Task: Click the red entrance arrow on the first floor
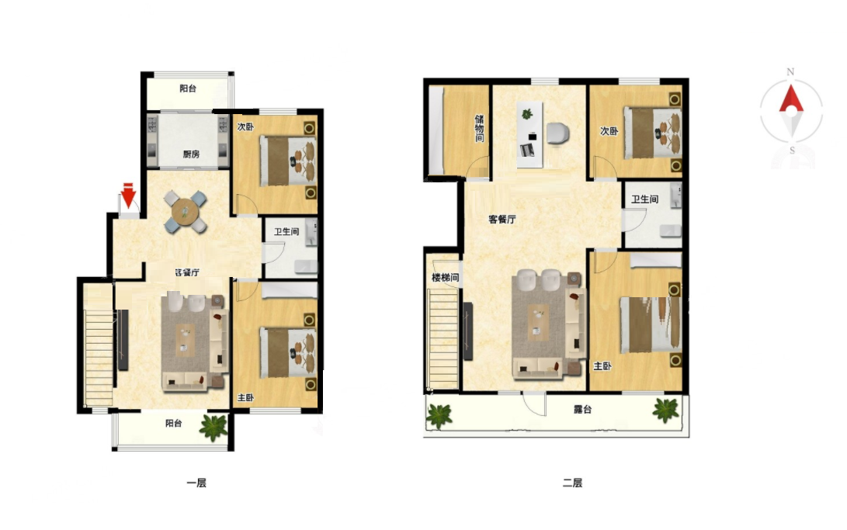pos(128,196)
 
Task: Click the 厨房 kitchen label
pos(191,154)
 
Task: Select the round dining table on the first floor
pos(186,211)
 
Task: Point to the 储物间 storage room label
pos(479,128)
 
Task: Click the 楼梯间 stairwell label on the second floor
pos(445,277)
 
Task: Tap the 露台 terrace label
pos(582,410)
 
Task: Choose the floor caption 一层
pos(196,483)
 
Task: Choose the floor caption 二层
pos(573,483)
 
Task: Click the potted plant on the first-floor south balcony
pos(214,426)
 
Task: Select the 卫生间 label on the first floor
pos(286,231)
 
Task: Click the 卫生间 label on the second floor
pos(645,199)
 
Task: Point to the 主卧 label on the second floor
pos(602,366)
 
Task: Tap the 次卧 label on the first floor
pos(245,126)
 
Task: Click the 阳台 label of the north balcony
pos(188,88)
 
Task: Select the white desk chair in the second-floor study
pos(558,133)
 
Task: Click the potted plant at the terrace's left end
pos(439,416)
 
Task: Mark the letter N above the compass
pos(790,72)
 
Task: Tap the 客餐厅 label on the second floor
pos(502,219)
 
